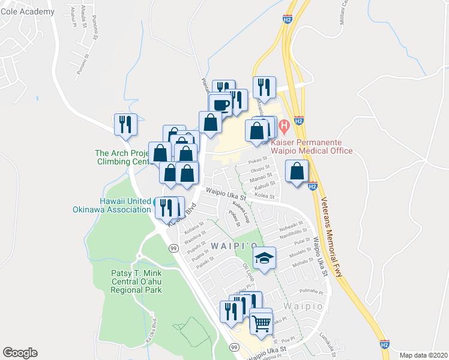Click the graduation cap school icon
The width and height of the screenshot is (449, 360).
264,258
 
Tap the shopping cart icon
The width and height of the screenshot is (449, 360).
261,323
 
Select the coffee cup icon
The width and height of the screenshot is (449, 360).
221,105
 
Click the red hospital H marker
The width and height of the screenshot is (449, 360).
284,126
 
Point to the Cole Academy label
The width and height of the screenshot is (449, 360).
27,11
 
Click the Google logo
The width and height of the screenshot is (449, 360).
20,352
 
